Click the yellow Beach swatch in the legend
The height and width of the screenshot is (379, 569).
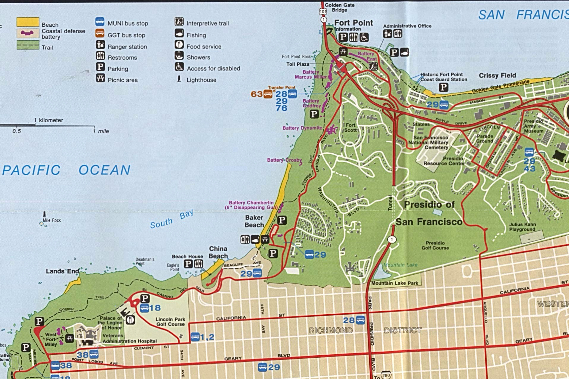28,22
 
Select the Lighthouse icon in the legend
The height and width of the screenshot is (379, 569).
179,79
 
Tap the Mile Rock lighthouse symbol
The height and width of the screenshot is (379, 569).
44,214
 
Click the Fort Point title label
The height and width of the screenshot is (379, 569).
353,23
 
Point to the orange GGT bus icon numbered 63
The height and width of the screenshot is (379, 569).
268,94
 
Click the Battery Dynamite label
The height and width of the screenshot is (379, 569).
302,128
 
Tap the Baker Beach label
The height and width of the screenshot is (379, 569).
254,221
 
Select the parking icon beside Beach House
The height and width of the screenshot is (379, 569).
188,263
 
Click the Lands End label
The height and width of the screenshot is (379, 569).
62,271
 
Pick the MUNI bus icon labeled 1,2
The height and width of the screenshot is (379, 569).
195,337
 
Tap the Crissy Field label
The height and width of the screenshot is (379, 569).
497,75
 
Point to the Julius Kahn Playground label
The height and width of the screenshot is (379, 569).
522,227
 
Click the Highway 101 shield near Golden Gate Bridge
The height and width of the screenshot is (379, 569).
323,12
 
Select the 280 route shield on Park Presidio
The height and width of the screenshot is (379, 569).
386,375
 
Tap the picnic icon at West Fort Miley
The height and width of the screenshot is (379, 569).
69,338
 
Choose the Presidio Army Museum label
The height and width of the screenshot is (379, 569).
533,126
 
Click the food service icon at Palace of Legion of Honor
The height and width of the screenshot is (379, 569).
131,320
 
